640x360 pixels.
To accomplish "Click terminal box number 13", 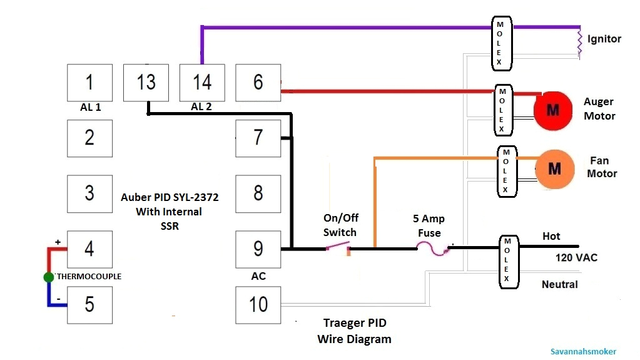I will (x=146, y=82).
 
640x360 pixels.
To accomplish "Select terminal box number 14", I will (x=202, y=82).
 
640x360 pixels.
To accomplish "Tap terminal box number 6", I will (x=258, y=82).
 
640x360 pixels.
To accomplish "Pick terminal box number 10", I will (x=258, y=305).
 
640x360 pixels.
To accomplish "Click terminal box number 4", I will (x=89, y=249).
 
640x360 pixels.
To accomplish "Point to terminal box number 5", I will (x=89, y=305).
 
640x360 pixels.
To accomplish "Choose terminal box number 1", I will (x=89, y=82).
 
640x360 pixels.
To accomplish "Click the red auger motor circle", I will (x=553, y=110).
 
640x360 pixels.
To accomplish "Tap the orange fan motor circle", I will (x=554, y=168).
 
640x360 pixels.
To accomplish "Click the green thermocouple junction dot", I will (x=49, y=277).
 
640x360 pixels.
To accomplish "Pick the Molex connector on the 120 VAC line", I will (x=507, y=262).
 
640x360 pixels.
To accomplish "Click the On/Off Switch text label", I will (x=340, y=225).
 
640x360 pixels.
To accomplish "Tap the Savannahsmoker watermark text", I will (x=584, y=352).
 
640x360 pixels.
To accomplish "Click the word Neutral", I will (x=559, y=284).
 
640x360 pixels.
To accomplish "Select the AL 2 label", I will (x=201, y=107).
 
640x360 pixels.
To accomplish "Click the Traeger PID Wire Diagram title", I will (x=354, y=331).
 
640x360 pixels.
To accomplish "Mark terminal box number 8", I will (x=258, y=193).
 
